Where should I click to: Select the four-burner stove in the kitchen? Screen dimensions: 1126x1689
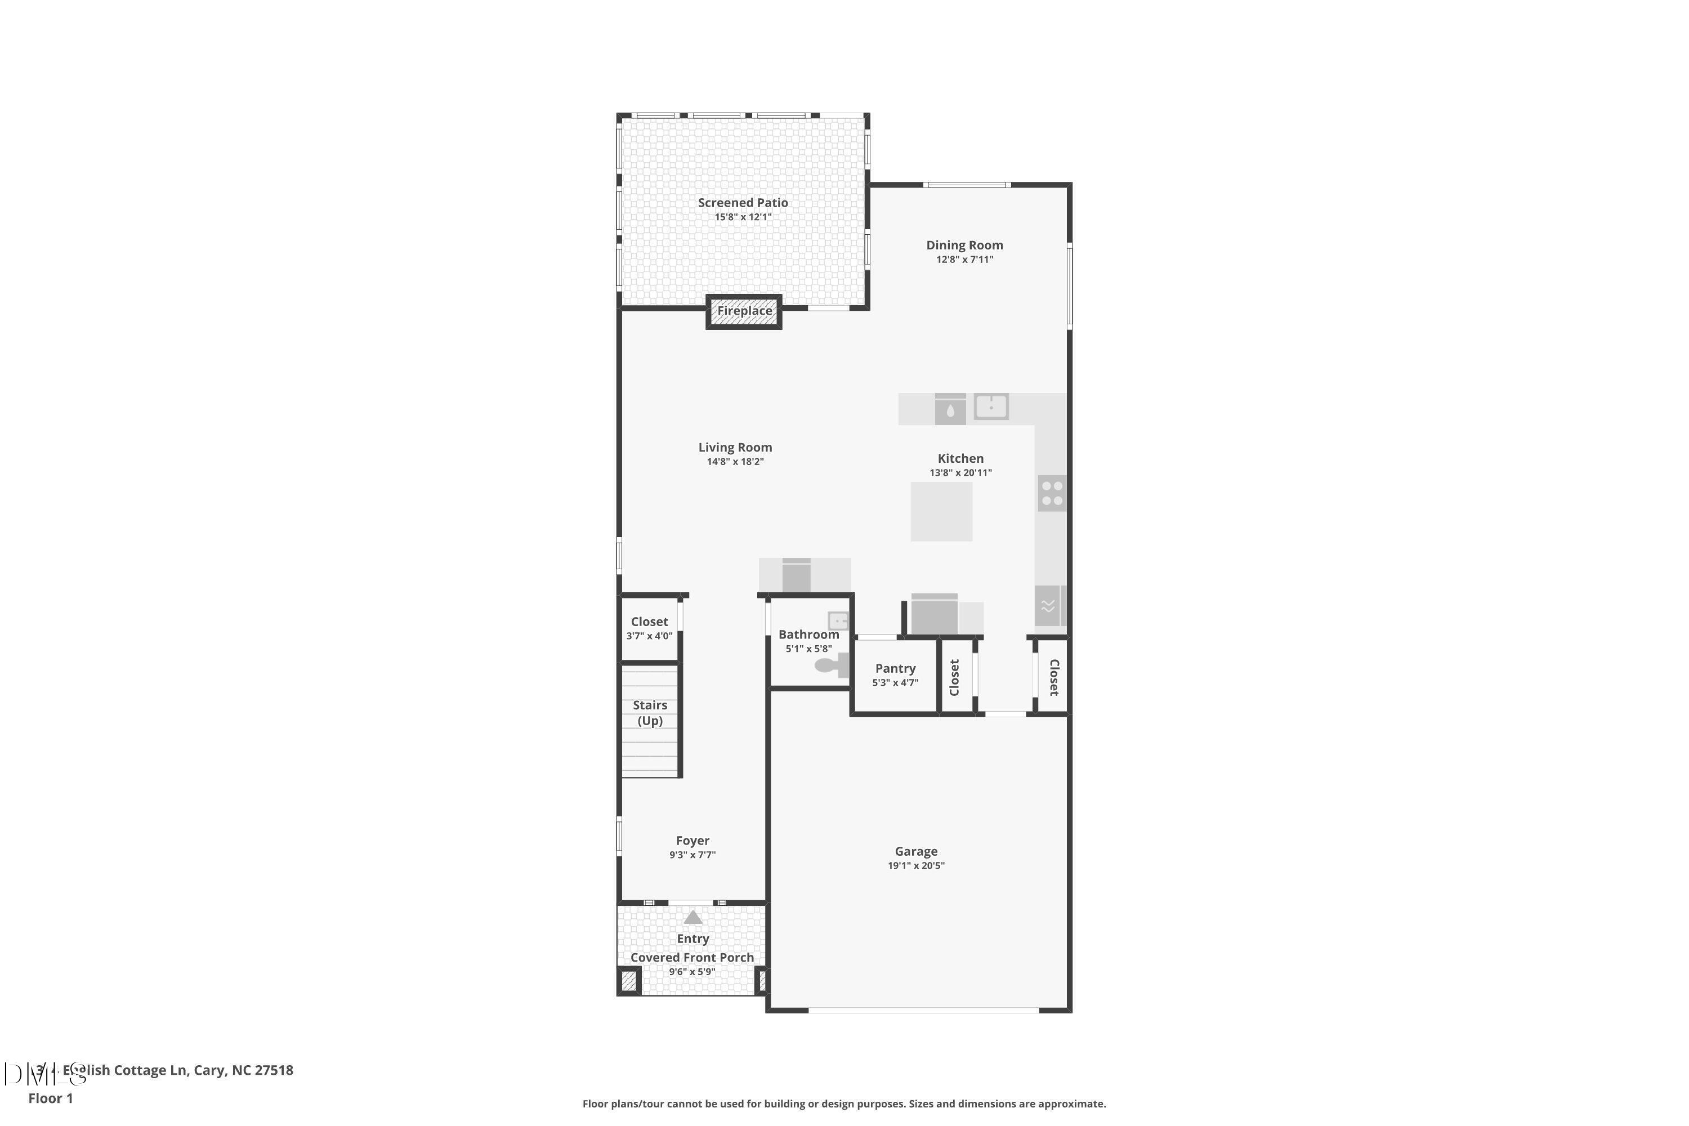pos(1052,493)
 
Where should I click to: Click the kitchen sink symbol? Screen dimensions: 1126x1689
pos(991,406)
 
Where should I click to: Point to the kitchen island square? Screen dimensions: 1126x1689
pos(941,511)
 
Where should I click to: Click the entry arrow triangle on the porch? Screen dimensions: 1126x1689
pos(693,917)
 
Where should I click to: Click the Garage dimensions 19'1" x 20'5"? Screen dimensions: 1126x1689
pos(915,866)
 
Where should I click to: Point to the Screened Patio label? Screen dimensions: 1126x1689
pos(743,203)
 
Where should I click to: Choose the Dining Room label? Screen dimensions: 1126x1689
pos(964,245)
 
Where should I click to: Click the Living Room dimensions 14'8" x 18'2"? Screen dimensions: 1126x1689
pos(735,462)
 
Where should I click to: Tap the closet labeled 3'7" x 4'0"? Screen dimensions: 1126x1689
pos(649,628)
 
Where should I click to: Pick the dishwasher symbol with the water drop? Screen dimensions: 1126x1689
pos(950,410)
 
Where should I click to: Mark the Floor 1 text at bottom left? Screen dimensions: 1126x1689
pos(50,1098)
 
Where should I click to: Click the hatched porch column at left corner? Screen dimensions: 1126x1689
pos(629,981)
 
